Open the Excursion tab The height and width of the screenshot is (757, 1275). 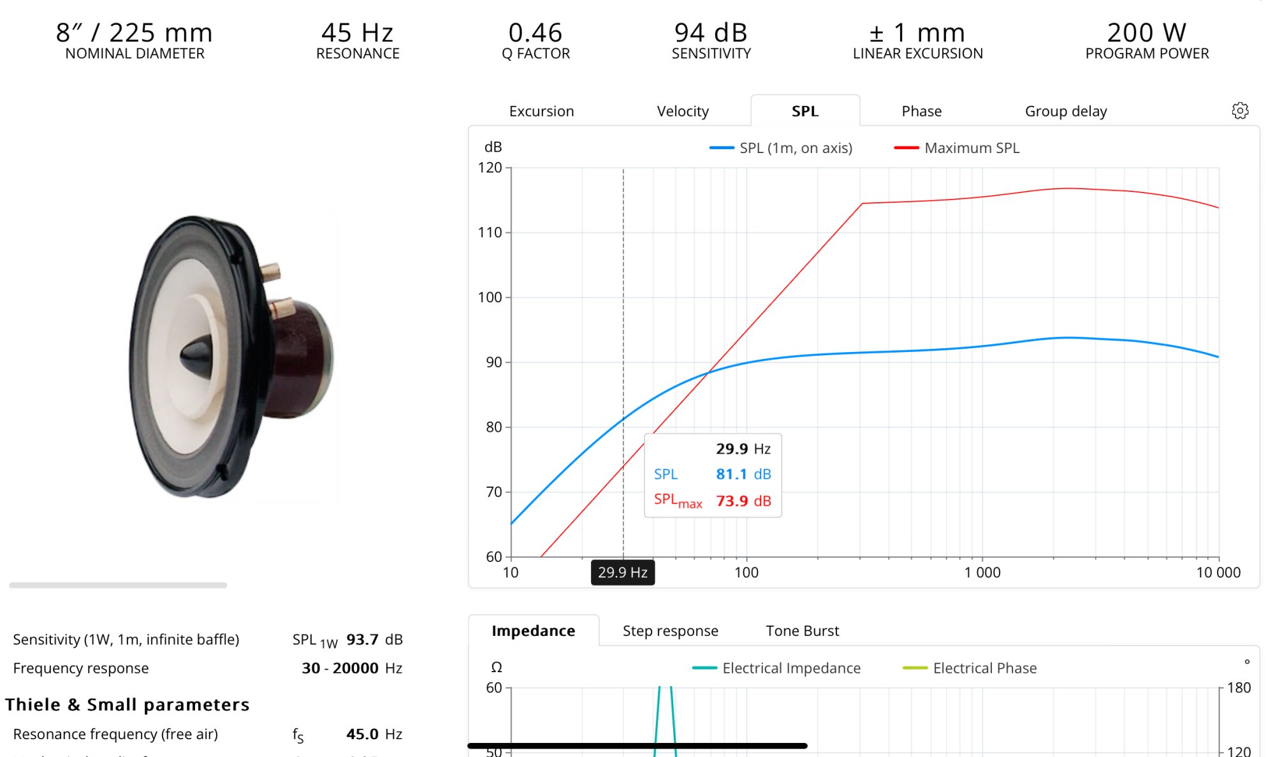[x=541, y=111]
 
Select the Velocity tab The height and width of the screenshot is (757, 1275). [x=683, y=111]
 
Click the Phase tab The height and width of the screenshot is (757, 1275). [x=921, y=111]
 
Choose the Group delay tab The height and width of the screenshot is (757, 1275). [x=1065, y=111]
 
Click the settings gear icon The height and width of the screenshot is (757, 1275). [x=1240, y=110]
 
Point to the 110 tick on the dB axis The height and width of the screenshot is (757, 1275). [x=490, y=233]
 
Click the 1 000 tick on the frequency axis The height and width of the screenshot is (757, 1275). [x=982, y=572]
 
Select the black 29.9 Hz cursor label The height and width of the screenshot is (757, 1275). [x=622, y=572]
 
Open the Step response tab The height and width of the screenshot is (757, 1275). [x=670, y=631]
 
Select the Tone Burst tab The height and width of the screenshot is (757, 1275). [x=802, y=631]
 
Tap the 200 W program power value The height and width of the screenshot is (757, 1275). [x=1146, y=33]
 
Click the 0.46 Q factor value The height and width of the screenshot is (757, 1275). [x=535, y=33]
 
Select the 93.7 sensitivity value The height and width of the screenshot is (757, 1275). [x=362, y=639]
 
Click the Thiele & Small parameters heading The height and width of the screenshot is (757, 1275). [x=127, y=704]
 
